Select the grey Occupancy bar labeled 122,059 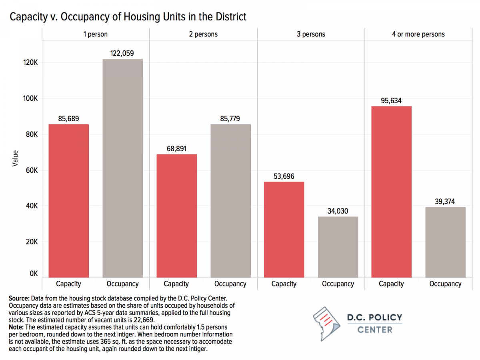pos(122,168)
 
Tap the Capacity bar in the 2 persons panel pos(176,216)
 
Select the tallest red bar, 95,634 pos(391,192)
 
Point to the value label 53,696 pos(284,176)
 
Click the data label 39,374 pos(445,202)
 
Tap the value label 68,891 pos(176,149)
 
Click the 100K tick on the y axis pos(30,98)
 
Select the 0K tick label pos(33,274)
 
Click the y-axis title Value pos(16,158)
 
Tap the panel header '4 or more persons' pos(418,34)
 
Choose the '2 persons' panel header pos(203,34)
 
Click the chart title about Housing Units pos(128,16)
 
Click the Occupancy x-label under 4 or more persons pos(445,284)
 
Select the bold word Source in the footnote pos(18,299)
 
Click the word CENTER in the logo pos(374,330)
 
